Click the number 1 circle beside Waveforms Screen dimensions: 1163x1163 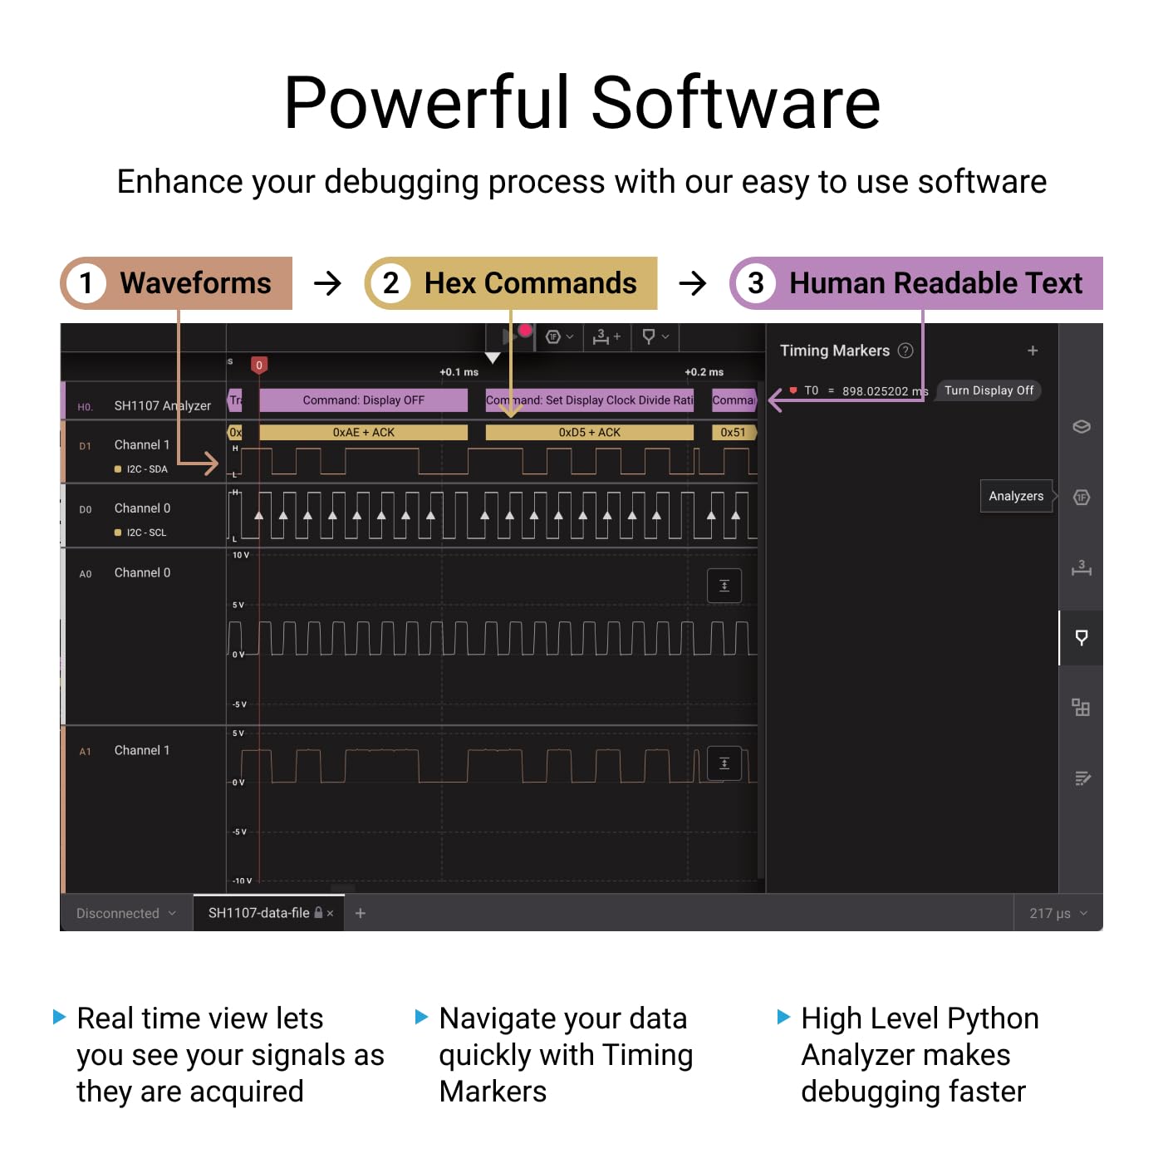(86, 283)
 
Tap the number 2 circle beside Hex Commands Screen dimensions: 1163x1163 (390, 283)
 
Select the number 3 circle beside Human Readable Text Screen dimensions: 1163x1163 (755, 283)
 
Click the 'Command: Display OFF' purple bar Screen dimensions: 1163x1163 (363, 400)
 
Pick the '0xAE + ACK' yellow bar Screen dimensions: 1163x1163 (363, 433)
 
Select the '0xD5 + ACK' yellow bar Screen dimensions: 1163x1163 (589, 433)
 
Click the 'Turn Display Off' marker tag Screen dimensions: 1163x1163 (989, 390)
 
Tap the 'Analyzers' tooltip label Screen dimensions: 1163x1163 (1016, 496)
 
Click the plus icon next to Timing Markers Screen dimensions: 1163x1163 (1033, 351)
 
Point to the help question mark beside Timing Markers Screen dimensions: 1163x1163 (905, 351)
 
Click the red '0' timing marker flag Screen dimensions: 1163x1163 (259, 365)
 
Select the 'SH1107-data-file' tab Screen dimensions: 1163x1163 (258, 913)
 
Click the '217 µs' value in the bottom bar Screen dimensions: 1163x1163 (1050, 914)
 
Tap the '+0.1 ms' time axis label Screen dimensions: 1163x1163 (459, 372)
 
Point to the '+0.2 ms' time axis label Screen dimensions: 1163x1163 (704, 372)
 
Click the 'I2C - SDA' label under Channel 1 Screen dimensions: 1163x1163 (147, 469)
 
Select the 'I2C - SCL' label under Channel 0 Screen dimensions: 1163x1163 (146, 532)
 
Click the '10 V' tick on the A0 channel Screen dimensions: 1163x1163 (241, 555)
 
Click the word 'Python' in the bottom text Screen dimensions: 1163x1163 (993, 1018)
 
